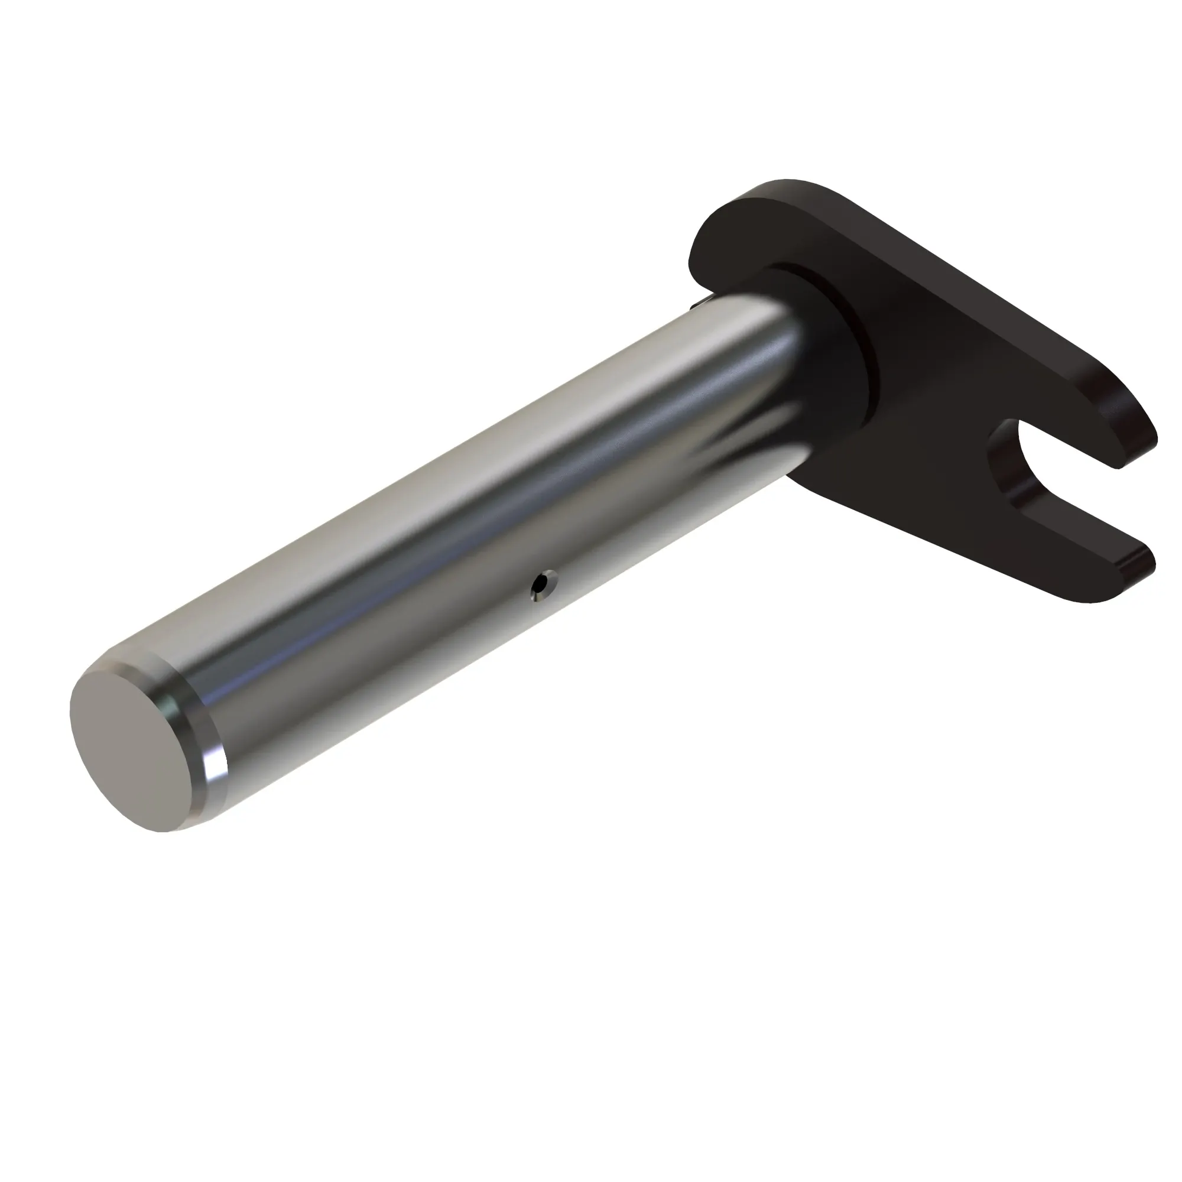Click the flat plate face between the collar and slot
point(936,428)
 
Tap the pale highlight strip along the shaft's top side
point(428,453)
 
